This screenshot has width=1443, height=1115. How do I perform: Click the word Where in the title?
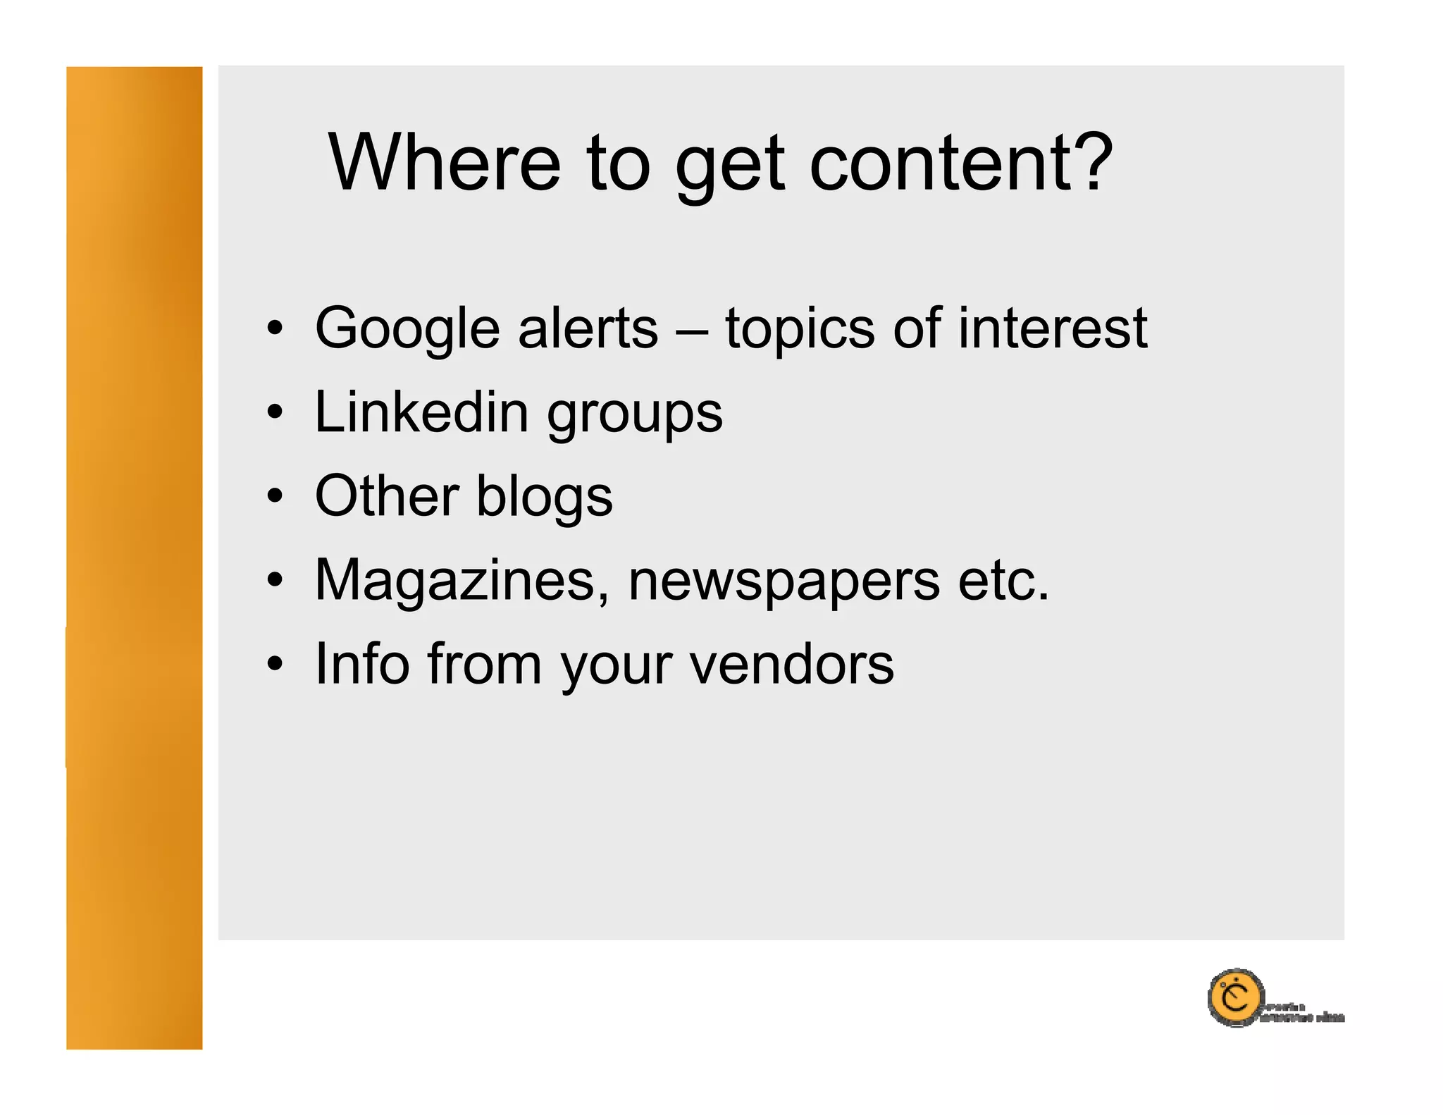point(445,163)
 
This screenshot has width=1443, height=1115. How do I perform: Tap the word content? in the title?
point(961,163)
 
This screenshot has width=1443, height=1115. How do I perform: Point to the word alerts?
point(588,328)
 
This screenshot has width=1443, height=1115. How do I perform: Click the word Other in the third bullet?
point(387,496)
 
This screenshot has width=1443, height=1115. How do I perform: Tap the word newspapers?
point(784,584)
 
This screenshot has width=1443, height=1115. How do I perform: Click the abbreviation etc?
point(1003,581)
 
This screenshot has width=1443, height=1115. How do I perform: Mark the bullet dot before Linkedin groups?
point(275,412)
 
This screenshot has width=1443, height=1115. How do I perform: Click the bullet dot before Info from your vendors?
point(275,663)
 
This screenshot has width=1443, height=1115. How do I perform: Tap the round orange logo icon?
point(1234,997)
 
